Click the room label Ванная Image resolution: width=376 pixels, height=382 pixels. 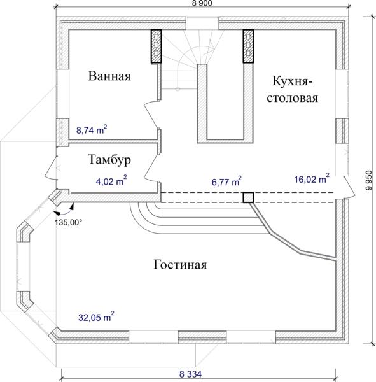(109, 76)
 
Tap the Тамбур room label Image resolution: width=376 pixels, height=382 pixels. (109, 160)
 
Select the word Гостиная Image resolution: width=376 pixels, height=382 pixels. (180, 265)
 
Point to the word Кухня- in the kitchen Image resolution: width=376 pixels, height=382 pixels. (292, 81)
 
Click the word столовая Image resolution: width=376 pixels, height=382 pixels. (293, 98)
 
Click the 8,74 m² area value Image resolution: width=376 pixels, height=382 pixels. (92, 130)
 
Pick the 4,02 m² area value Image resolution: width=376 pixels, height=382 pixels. (111, 181)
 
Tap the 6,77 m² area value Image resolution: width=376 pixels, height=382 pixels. (226, 181)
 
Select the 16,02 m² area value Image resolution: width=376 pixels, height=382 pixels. (312, 178)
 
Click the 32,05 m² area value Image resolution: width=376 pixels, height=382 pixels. (96, 317)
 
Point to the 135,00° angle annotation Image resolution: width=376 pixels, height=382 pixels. (69, 222)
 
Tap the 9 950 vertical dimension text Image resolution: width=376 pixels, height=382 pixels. (370, 180)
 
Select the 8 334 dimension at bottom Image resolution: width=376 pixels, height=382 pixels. (190, 374)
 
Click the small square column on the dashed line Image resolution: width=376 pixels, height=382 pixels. (248, 197)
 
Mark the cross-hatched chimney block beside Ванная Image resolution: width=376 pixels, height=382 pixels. (157, 46)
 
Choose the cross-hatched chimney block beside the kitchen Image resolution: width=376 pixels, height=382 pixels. (248, 46)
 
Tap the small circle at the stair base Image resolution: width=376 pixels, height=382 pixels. (178, 89)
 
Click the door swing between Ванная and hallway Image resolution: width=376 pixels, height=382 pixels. (151, 115)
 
